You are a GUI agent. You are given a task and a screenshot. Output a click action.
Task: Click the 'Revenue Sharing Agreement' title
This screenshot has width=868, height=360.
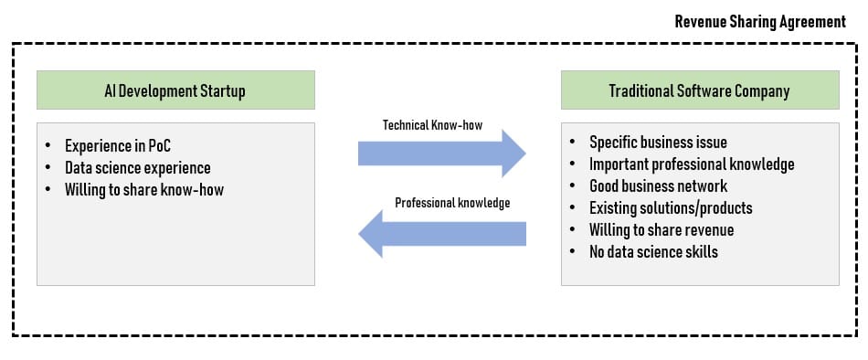[760, 22]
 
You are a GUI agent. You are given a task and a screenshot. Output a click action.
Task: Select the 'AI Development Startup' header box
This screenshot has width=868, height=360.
[175, 90]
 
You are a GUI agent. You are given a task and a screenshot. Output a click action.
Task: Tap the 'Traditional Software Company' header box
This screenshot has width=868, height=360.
[700, 90]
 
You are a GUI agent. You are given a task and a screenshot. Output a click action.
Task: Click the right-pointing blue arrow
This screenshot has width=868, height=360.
[441, 154]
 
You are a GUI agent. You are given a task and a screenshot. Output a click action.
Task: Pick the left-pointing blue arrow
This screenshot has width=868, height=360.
[441, 234]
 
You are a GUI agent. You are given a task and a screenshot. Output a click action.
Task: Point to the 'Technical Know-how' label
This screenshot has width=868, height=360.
[432, 125]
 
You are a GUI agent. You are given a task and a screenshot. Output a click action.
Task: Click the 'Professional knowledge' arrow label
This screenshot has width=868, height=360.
[452, 203]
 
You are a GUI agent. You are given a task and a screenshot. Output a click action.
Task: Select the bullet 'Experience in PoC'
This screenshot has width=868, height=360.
[117, 146]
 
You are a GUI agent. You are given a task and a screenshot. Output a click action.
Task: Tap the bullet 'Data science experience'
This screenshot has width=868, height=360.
[137, 168]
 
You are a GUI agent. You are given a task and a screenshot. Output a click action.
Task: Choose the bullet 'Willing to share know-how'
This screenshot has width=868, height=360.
[144, 190]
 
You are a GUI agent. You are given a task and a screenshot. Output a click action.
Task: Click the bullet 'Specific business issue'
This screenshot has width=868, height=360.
[658, 143]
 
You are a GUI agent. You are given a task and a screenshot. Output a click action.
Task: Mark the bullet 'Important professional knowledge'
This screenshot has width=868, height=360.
[692, 164]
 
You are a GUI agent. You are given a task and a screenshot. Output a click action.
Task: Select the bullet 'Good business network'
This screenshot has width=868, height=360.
[658, 186]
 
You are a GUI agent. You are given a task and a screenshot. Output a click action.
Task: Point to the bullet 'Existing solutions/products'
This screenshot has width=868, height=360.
[671, 208]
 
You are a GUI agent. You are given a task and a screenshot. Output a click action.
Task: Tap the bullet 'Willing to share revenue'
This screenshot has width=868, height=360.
[661, 230]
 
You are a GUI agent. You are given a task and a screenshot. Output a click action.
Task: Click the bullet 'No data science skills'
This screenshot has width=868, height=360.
[653, 252]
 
